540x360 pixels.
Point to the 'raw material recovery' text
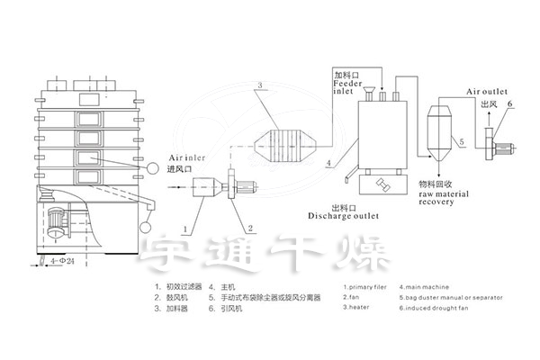point(442,196)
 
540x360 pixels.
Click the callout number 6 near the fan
point(509,104)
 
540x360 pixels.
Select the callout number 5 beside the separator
point(462,142)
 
